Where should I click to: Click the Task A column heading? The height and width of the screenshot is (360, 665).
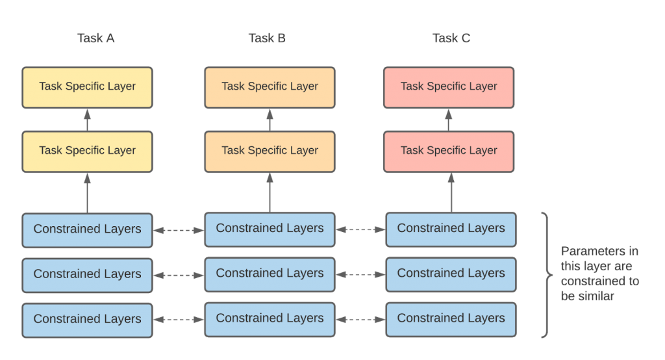(96, 38)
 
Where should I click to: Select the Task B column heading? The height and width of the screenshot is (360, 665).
(267, 38)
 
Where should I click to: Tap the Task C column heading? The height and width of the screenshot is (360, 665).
(451, 38)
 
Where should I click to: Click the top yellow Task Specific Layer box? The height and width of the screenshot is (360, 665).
(87, 86)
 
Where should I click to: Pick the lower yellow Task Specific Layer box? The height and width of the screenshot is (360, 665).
(87, 151)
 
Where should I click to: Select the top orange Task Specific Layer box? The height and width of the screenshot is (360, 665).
(270, 86)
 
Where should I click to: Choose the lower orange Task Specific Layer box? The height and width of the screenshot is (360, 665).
(270, 151)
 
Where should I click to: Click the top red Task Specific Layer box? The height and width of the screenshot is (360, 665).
(449, 86)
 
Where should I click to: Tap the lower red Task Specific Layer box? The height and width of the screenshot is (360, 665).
(449, 151)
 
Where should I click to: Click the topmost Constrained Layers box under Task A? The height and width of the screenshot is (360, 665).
(87, 229)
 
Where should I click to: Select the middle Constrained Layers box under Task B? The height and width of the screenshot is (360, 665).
(270, 274)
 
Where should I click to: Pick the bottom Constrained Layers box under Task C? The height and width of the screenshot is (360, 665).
(451, 318)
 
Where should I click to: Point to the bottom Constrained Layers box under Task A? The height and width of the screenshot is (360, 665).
(87, 319)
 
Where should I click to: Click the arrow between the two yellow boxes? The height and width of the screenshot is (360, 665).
(87, 119)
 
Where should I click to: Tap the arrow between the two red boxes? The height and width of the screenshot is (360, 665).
(449, 119)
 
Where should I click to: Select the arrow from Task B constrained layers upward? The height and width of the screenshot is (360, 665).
(270, 192)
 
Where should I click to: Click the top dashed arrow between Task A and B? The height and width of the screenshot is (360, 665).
(179, 229)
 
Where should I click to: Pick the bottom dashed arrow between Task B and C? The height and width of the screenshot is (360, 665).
(360, 319)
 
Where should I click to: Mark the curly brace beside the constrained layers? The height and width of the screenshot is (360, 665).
(547, 274)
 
